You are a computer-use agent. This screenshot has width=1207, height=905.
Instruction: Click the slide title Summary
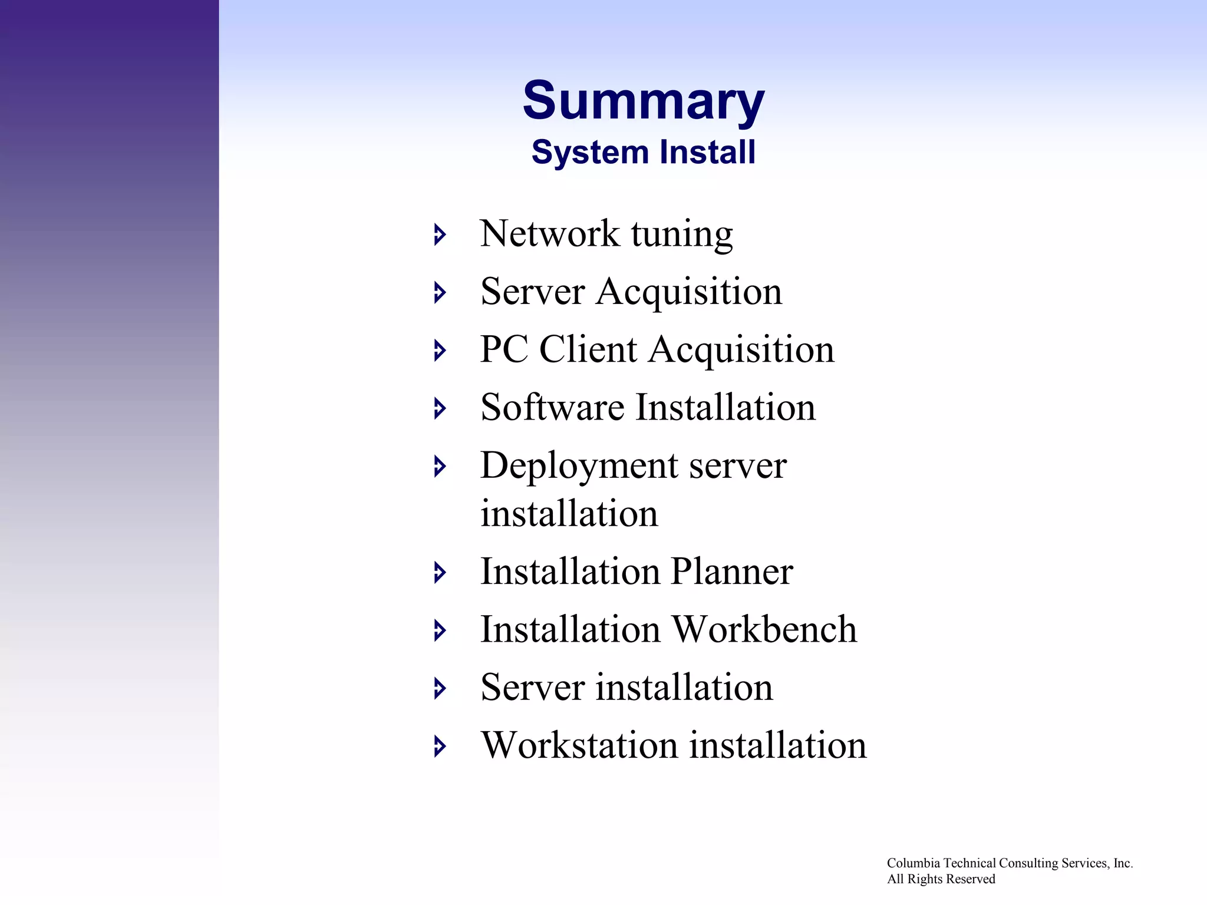coord(643,101)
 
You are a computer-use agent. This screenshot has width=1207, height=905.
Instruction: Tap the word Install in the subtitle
coord(707,152)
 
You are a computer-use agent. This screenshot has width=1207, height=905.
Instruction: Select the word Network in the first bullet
coord(549,234)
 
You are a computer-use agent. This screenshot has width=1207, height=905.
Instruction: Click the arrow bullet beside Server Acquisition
coord(440,292)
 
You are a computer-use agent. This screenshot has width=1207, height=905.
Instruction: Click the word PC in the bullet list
coord(504,349)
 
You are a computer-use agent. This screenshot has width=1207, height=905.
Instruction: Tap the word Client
coord(588,349)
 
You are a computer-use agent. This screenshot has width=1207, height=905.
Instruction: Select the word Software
coord(552,407)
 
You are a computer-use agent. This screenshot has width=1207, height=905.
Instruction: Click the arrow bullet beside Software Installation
coord(440,408)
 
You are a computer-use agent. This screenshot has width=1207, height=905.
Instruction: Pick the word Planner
coord(731,572)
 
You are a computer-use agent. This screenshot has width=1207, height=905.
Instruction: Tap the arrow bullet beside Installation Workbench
coord(440,630)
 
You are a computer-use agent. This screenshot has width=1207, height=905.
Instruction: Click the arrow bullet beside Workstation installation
coord(440,746)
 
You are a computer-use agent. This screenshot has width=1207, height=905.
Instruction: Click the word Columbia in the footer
coord(913,863)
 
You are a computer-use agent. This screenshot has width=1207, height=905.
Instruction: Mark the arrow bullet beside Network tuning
coord(440,234)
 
